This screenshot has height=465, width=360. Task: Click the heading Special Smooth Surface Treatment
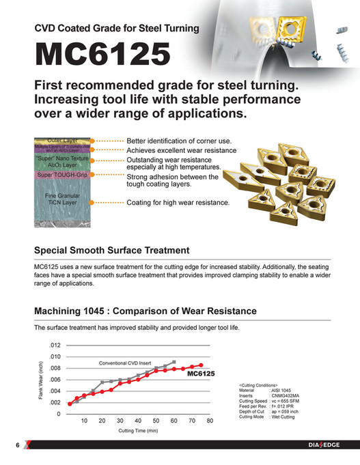tap(111, 251)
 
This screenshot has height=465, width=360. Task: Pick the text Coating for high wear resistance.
tap(178, 203)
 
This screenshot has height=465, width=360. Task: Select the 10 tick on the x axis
tap(84, 421)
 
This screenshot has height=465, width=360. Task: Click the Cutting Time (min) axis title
tap(138, 431)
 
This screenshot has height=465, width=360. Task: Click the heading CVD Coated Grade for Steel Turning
tap(117, 29)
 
